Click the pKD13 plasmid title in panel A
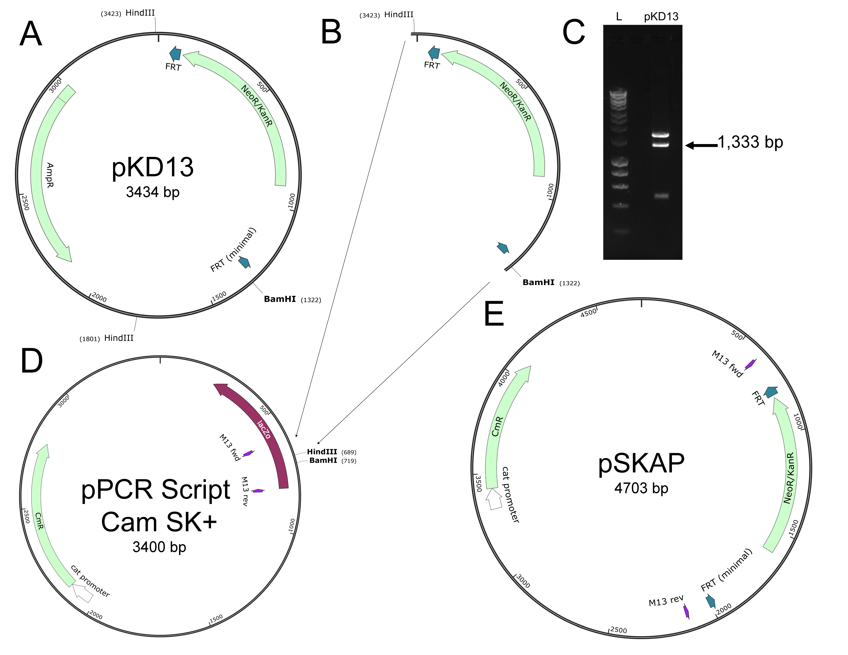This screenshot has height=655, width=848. pos(153,168)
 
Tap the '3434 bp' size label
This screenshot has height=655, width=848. pos(153,192)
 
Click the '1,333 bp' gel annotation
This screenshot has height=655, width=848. pos(750,142)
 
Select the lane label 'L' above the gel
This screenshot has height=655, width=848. pos(619,16)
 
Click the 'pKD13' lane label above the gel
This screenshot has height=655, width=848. pos(661,16)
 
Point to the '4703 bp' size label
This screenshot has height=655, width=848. pos(641,488)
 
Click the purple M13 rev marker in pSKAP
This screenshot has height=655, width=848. pos(687,612)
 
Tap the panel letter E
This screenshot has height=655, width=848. pos(494,314)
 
